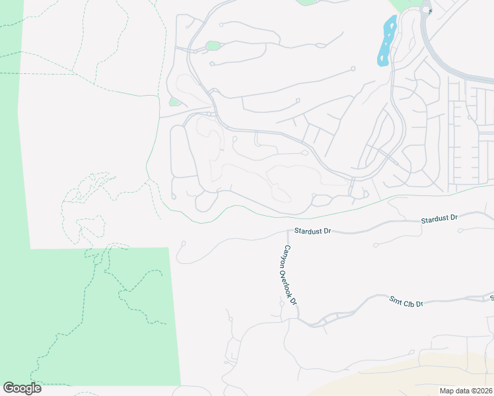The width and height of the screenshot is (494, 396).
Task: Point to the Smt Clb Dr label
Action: click(405, 302)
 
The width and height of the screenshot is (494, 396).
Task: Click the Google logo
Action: click(22, 388)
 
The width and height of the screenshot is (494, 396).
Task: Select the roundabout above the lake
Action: click(427, 11)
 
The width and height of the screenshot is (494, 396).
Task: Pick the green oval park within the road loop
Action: click(213, 46)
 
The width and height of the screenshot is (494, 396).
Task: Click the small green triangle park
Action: click(174, 102)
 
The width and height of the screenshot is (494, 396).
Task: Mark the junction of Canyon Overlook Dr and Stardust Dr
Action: click(289, 232)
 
